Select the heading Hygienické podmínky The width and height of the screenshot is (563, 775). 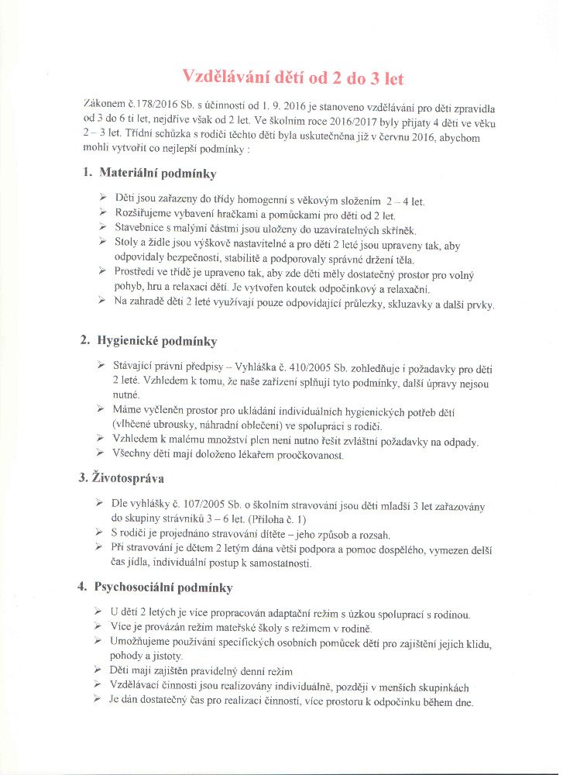(157, 340)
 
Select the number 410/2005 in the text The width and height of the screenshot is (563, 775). (318, 367)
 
